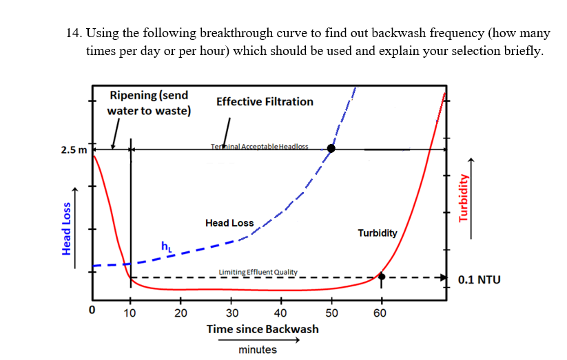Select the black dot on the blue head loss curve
331,148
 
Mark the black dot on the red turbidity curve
382,277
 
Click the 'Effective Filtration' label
265,102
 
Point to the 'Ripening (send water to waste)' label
149,103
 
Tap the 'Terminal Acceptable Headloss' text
259,147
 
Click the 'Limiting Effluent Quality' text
258,272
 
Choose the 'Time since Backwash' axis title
262,329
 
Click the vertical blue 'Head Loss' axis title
67,228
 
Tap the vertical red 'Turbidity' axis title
463,196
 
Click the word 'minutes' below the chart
257,350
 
